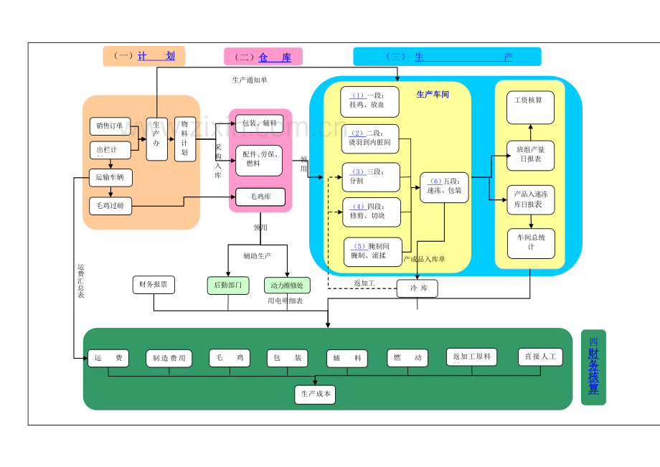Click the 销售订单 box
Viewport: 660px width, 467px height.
point(110,126)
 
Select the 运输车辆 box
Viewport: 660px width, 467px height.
point(110,176)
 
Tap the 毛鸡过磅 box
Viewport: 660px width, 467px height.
point(110,205)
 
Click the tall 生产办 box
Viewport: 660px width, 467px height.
point(156,139)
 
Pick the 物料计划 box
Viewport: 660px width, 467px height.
point(185,139)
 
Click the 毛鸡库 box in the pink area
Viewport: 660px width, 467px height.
point(260,197)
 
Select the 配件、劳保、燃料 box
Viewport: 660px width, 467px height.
point(260,159)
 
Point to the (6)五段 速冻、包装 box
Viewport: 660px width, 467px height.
point(444,187)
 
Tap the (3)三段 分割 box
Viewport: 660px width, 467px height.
point(371,176)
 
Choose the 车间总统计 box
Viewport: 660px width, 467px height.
point(531,242)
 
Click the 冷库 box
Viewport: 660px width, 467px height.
point(417,288)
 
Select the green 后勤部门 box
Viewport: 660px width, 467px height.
point(227,285)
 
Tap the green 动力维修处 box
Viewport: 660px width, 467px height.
point(287,285)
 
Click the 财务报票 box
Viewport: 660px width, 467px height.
point(154,285)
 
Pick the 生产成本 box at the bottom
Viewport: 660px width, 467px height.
point(314,395)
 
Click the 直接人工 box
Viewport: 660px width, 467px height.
point(540,357)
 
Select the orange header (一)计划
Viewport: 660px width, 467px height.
point(144,56)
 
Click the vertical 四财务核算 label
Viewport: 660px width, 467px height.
point(593,367)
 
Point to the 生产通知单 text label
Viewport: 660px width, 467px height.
point(249,80)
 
